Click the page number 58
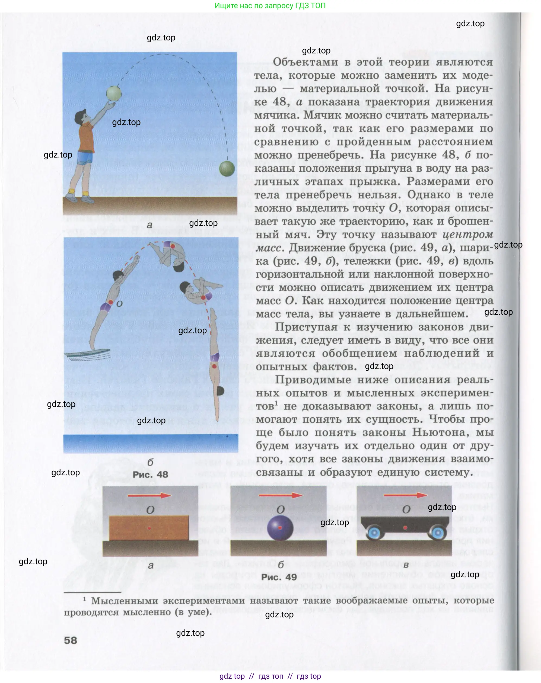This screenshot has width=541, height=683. pos(70,640)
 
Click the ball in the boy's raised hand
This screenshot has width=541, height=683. pos(114,93)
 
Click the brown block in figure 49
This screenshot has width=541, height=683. pos(149,528)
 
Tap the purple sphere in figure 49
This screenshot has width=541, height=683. pos(280,528)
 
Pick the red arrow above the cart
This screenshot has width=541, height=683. pos(405,495)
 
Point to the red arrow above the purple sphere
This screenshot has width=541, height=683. pos(280,495)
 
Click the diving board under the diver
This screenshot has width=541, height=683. pos(88,354)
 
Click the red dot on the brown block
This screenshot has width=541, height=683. pos(149,528)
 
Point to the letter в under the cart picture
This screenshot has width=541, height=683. pos(406,565)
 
